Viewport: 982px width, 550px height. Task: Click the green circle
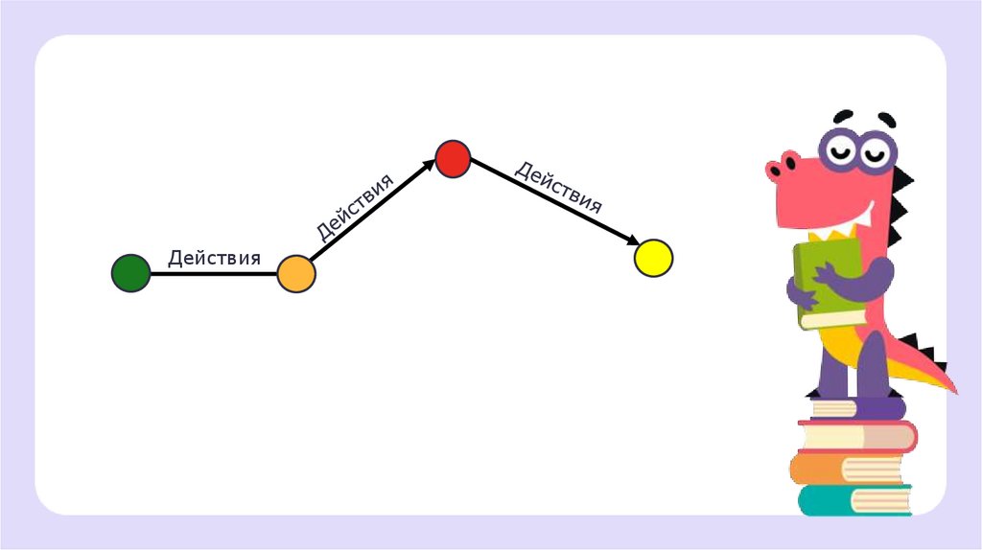pos(130,273)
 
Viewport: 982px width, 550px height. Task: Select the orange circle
pos(296,274)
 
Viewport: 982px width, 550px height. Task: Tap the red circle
pos(453,157)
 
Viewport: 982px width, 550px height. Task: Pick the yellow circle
pos(654,258)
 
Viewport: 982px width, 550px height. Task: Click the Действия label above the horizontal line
pos(214,258)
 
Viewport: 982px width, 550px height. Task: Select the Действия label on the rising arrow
pos(355,206)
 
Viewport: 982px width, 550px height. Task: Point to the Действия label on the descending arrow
pos(558,187)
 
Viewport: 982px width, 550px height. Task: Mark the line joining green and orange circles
pos(213,274)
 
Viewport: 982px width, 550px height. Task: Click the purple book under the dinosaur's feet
pos(859,408)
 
